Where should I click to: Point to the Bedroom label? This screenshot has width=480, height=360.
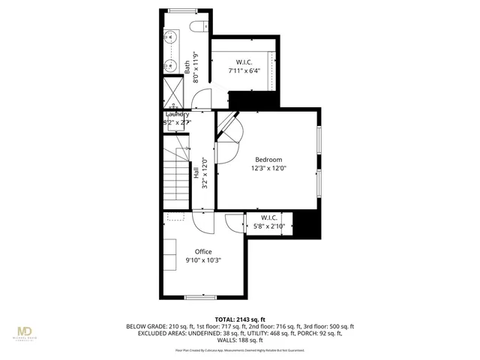[x=268, y=159]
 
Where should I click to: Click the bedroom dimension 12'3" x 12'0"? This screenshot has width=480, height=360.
[x=268, y=169]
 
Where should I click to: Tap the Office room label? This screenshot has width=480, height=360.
[x=203, y=251]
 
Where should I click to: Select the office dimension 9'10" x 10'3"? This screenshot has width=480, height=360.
[x=203, y=260]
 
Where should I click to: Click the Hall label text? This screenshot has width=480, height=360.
[x=196, y=173]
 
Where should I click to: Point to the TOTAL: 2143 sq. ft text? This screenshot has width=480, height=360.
[x=239, y=319]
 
